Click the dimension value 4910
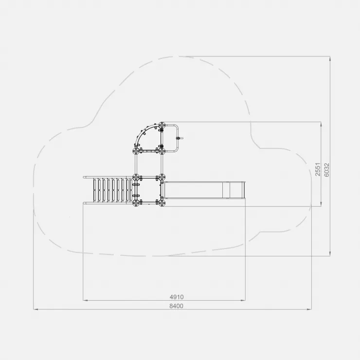[177, 297]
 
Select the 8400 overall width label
[176, 306]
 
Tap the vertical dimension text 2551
[318, 169]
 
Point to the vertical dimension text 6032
[326, 170]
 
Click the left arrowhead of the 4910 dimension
[85, 300]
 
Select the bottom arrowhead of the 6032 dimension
[330, 254]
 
